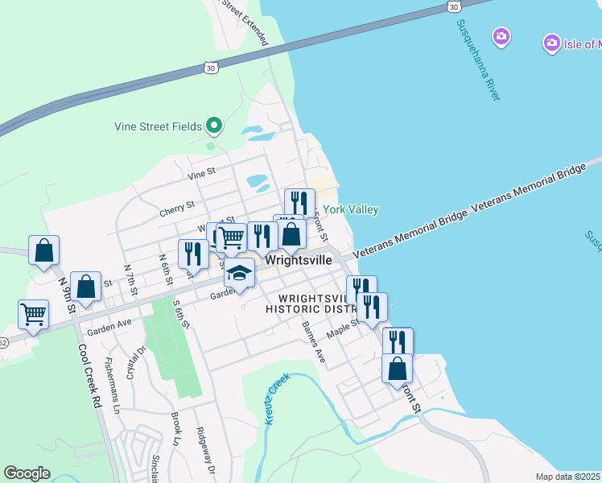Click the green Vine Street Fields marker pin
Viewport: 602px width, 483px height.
point(214,126)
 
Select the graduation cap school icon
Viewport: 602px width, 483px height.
point(239,273)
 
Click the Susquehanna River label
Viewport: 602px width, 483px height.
point(479,60)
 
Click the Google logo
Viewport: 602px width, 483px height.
point(27,473)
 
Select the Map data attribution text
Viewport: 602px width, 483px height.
point(567,477)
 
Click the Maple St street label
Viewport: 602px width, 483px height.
point(341,331)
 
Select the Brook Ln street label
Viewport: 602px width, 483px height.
point(175,429)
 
